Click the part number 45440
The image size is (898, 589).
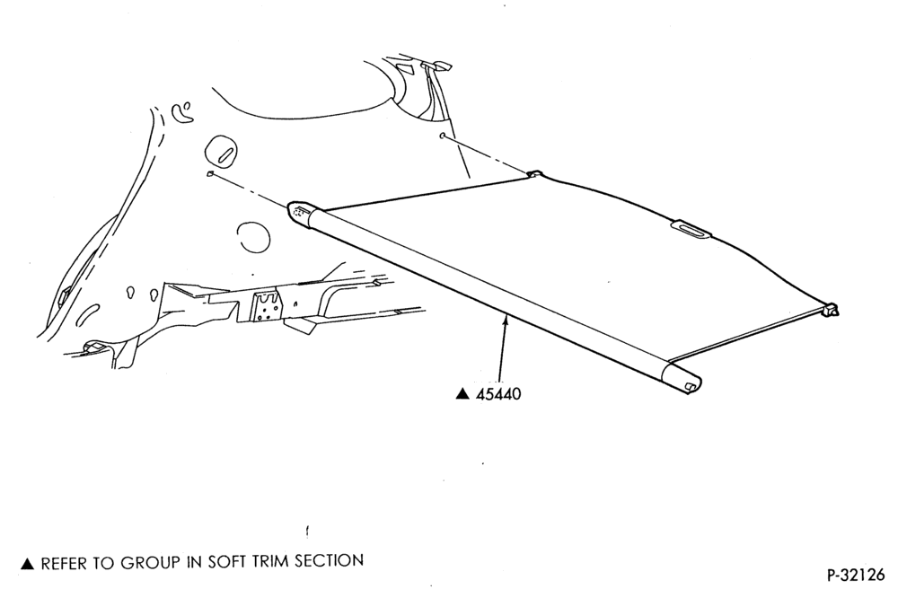498,394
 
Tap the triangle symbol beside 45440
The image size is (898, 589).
462,394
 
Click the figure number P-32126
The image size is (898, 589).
856,574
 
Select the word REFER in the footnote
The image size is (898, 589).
65,564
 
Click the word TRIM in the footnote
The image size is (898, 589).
269,561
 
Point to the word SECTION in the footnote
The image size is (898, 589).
329,560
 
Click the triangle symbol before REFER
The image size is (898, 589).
28,565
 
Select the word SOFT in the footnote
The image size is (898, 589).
227,562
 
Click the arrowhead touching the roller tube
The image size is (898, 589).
505,321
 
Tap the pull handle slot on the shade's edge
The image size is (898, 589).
691,229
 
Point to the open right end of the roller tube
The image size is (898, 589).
690,383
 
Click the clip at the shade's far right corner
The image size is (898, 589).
832,310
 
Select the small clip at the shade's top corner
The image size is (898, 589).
534,173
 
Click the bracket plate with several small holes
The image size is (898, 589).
267,307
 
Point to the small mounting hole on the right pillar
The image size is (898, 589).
442,136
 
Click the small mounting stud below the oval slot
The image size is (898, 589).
210,173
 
